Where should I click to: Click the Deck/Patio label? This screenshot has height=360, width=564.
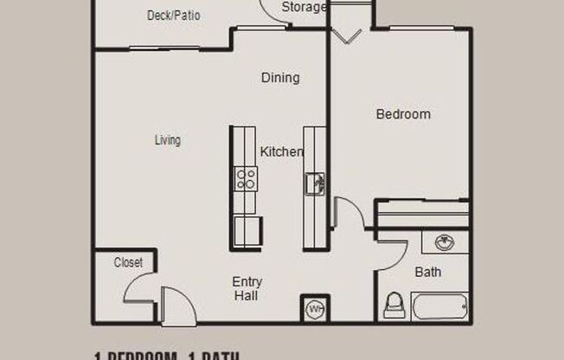(173, 16)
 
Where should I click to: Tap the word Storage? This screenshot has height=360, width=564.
(304, 8)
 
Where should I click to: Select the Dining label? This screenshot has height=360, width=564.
(280, 78)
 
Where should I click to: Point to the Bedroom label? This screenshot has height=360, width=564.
(402, 114)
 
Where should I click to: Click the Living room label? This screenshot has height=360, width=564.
(168, 140)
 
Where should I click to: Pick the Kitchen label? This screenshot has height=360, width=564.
(281, 152)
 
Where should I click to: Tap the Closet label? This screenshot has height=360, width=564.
(128, 262)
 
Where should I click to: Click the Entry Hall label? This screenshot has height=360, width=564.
(247, 289)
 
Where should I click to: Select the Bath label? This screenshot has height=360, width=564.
(427, 273)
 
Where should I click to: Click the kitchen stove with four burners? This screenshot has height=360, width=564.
(246, 180)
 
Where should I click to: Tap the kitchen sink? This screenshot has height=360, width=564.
(315, 183)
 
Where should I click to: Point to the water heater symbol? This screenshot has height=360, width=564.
(314, 308)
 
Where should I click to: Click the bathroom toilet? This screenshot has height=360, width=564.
(394, 305)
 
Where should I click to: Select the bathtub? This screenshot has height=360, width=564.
(440, 308)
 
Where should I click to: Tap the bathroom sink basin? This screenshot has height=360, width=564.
(445, 241)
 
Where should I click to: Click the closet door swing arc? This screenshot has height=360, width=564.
(138, 288)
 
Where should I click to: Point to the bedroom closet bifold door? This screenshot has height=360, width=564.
(349, 35)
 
